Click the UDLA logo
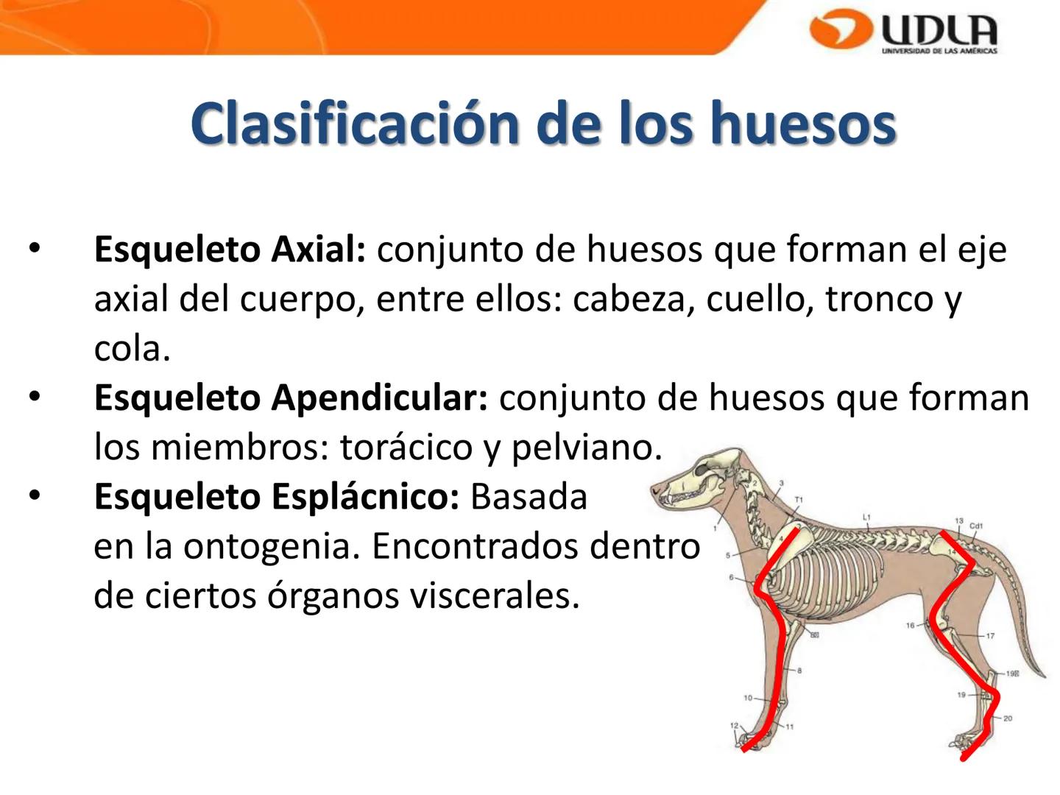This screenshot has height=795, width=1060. (904, 32)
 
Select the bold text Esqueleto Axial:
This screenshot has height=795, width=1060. (229, 250)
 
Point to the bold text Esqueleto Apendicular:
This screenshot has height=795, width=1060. (290, 398)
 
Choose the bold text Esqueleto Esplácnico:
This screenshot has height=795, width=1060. (276, 497)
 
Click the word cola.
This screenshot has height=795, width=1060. (131, 348)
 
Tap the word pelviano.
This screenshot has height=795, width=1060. (586, 447)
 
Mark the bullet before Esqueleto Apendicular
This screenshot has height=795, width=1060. (33, 397)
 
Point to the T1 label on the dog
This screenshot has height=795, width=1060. (799, 500)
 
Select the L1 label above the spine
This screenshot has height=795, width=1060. (866, 517)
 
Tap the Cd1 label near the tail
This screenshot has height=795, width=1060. (976, 526)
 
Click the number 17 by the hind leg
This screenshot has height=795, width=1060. (990, 636)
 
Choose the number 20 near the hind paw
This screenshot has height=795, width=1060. (1008, 718)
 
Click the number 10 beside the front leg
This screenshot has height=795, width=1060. (748, 698)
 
